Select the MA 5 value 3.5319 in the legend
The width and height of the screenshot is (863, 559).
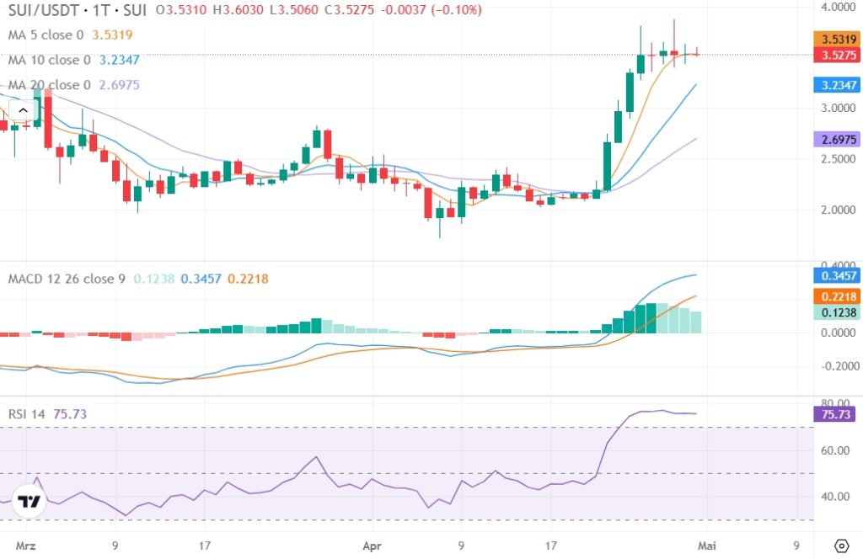[x=113, y=35]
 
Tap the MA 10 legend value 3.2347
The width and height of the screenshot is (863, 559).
[x=120, y=60]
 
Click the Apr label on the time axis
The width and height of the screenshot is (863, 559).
[x=372, y=545]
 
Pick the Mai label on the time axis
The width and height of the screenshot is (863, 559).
[x=706, y=545]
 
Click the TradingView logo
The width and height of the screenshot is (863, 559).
[x=30, y=503]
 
